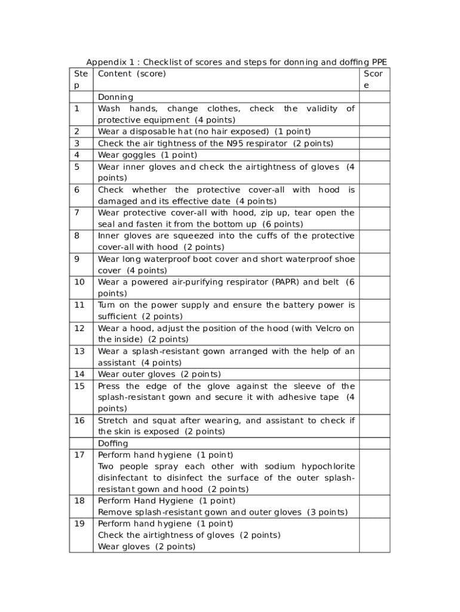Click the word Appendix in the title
[x=107, y=62]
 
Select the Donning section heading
[x=115, y=97]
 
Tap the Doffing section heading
[x=113, y=443]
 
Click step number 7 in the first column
[x=76, y=213]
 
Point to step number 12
[x=79, y=328]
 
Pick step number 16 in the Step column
[x=79, y=421]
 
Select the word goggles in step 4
[x=139, y=155]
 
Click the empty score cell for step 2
[x=374, y=131]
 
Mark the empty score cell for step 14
[x=374, y=374]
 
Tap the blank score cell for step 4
[x=374, y=155]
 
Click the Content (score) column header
[x=131, y=74]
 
